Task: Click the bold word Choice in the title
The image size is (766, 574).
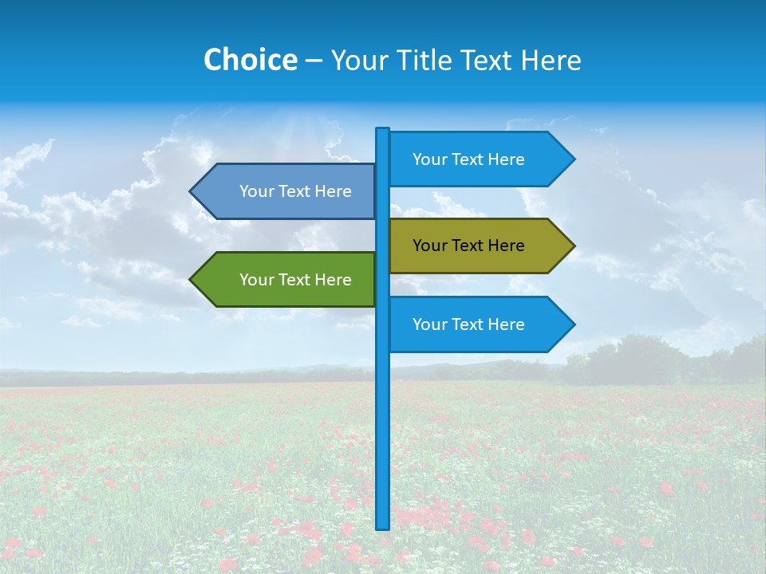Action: [250, 61]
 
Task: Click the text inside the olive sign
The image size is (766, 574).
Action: [468, 246]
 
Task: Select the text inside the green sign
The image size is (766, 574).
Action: [295, 280]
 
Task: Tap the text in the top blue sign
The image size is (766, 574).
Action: [468, 159]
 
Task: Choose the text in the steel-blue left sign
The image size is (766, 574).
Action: [295, 191]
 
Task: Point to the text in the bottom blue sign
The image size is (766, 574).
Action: [468, 324]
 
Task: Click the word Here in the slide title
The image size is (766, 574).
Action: [551, 61]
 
